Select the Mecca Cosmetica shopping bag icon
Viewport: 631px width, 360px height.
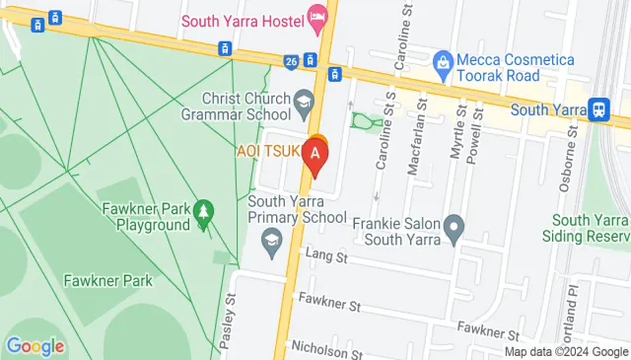point(443,61)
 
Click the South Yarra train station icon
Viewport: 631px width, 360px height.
point(597,109)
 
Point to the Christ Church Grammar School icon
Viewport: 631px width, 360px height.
point(306,99)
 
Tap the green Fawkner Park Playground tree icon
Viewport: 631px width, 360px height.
point(203,211)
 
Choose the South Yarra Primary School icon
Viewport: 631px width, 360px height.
point(271,238)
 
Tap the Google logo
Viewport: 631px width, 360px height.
point(35,346)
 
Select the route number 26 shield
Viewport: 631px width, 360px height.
point(291,61)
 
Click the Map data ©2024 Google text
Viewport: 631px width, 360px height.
point(566,351)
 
